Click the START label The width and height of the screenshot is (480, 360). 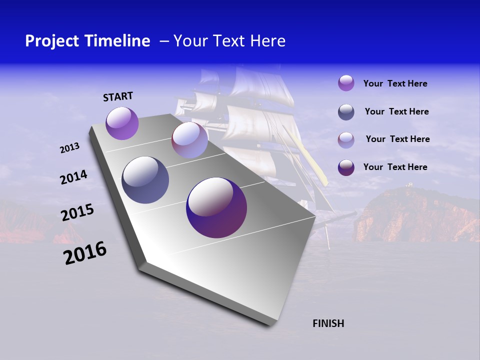(x=118, y=96)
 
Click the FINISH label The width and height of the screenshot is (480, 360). (x=328, y=323)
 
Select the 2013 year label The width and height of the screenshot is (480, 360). (x=69, y=148)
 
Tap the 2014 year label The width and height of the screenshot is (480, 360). (x=73, y=177)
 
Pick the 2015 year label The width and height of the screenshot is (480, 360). (x=77, y=212)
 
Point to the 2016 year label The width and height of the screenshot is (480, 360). (x=85, y=253)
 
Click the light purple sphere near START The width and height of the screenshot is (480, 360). (x=122, y=123)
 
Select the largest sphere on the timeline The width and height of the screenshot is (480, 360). (x=216, y=207)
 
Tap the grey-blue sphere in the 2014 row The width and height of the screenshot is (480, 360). (x=145, y=180)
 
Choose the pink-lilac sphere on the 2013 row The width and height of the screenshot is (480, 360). (x=189, y=140)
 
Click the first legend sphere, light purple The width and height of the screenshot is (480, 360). (x=346, y=83)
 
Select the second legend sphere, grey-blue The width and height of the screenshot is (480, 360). (x=346, y=112)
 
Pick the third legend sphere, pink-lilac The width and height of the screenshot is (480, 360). (x=346, y=140)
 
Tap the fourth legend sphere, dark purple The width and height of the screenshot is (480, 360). (x=346, y=167)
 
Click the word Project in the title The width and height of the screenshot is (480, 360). (x=53, y=41)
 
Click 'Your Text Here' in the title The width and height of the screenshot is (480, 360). (x=229, y=41)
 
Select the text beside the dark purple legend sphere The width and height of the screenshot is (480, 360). (x=395, y=167)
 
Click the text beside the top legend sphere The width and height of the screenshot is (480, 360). (x=395, y=83)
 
